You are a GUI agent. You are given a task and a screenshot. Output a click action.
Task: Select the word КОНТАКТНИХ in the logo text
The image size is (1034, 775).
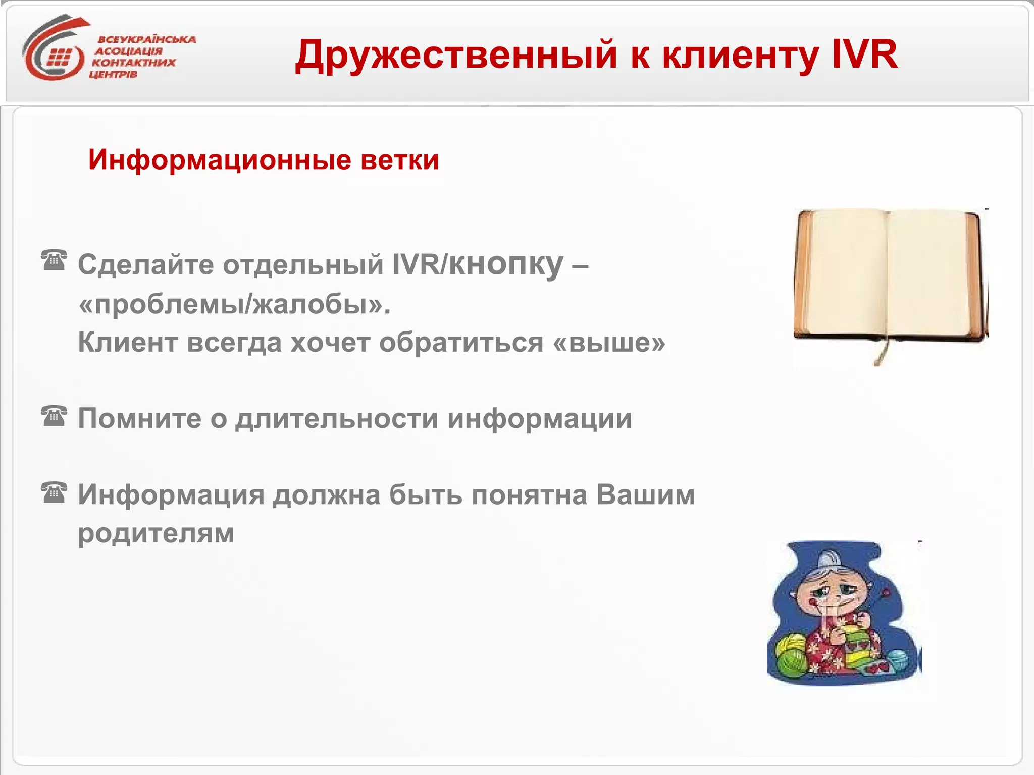point(133,63)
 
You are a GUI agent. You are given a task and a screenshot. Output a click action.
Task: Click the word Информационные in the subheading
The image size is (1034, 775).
point(220,160)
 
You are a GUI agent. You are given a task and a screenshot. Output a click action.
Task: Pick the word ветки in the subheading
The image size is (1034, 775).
point(399,160)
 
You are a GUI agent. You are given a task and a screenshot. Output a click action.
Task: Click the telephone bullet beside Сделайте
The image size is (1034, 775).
point(54,260)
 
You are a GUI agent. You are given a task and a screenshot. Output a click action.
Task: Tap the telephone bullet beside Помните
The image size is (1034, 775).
point(54,416)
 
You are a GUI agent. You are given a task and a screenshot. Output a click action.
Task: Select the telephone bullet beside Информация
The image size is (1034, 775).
point(54,493)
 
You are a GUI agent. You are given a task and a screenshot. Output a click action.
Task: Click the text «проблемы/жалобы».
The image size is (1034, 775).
point(235,304)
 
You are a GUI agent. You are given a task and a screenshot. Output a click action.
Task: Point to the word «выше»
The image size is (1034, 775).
point(609,343)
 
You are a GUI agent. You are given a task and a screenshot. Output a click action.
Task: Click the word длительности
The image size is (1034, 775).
point(337,419)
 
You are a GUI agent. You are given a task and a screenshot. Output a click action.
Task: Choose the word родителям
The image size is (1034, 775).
point(156,533)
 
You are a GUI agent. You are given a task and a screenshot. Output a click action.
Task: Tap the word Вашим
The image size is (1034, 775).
point(645,495)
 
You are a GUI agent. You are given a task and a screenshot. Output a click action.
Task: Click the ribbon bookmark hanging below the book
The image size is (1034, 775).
point(881,351)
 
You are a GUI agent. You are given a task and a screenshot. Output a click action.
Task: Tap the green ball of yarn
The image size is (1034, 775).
point(790,656)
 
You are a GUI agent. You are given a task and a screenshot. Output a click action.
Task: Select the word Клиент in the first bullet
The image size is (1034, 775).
point(128,343)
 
